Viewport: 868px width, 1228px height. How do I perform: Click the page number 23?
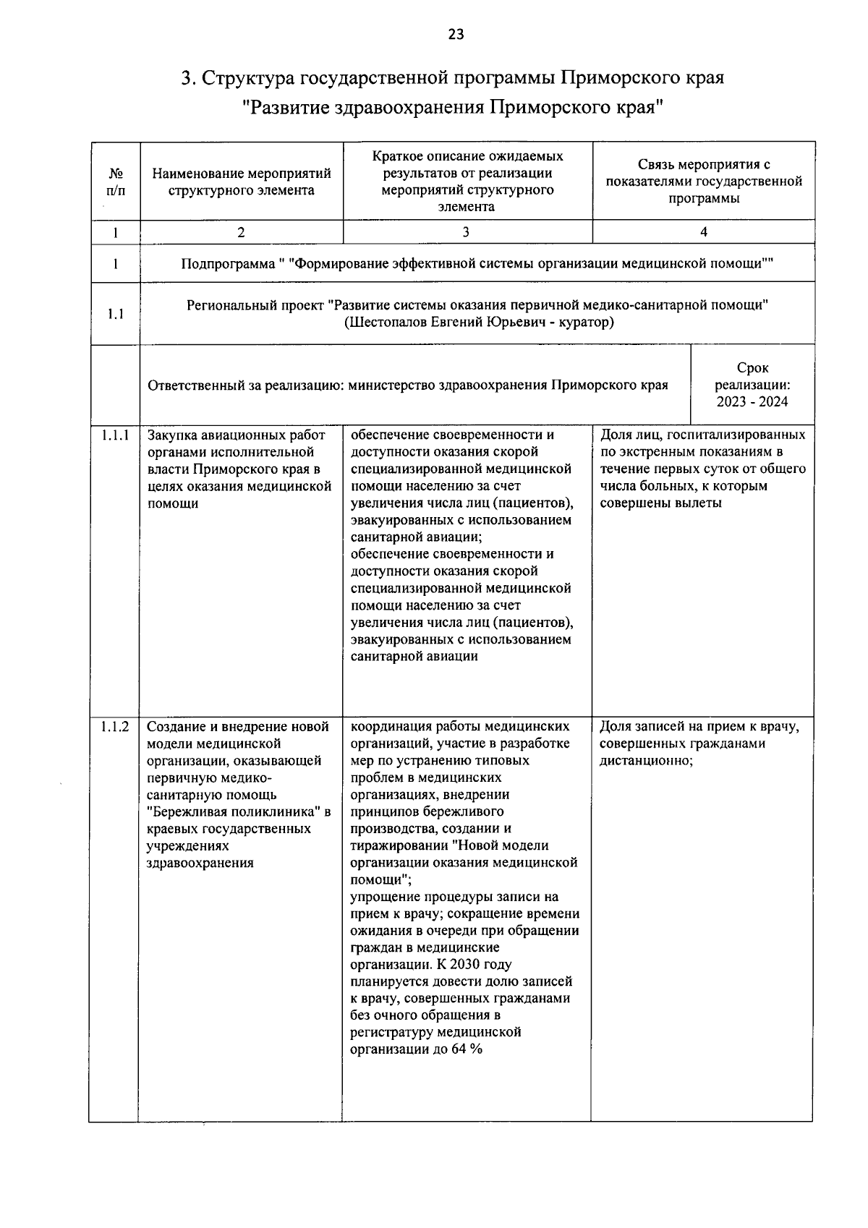456,34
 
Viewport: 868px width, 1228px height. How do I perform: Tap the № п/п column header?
116,182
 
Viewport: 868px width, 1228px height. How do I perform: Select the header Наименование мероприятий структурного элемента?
241,182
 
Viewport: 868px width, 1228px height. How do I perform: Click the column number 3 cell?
466,232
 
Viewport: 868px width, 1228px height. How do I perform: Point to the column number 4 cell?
703,232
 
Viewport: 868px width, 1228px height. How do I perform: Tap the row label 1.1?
116,314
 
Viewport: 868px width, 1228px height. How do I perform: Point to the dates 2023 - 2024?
752,401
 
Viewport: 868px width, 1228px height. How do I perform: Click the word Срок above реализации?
752,368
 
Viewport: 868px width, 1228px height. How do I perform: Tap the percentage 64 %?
467,1049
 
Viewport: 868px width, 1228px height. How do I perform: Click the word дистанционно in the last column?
645,761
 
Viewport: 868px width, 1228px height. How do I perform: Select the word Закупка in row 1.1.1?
173,435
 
